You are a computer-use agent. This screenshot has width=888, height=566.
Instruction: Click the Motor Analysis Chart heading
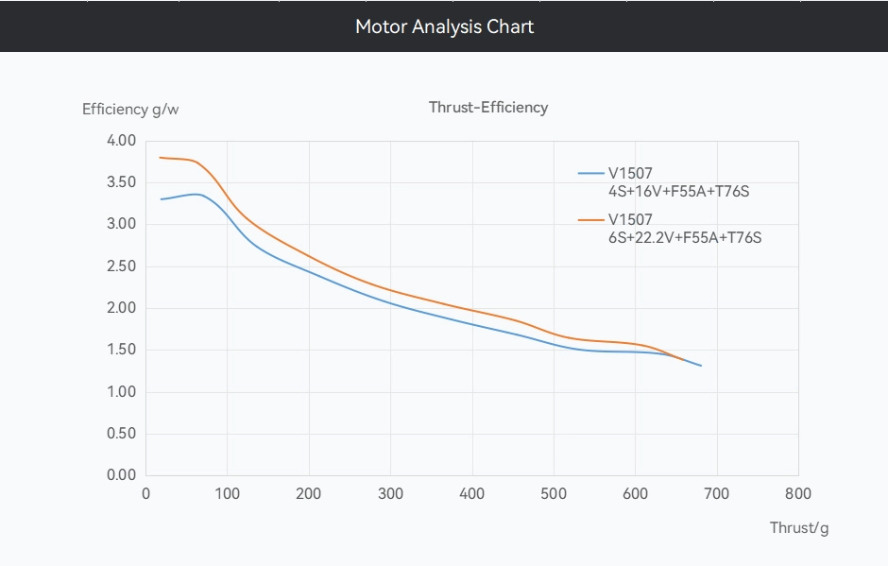[444, 26]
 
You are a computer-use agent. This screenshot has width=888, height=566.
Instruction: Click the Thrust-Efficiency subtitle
[487, 107]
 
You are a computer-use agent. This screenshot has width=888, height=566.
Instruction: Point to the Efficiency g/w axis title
[130, 109]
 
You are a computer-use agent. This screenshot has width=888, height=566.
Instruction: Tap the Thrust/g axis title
[798, 527]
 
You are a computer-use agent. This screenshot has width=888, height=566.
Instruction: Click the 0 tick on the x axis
[145, 493]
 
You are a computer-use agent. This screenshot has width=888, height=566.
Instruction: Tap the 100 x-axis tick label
[227, 493]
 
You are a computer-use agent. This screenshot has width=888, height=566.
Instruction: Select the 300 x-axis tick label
[390, 493]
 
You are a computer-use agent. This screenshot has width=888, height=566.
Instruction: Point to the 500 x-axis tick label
[554, 493]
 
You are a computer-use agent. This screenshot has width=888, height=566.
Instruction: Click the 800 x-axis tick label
[798, 493]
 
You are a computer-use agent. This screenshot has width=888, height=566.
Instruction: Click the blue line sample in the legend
[590, 173]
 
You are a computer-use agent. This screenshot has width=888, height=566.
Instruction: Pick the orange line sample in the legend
[590, 220]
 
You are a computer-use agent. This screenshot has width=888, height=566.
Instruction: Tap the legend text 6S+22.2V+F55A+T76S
[685, 238]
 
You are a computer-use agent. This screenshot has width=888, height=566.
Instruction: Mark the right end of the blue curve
[701, 365]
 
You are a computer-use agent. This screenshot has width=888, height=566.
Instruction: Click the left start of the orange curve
[161, 158]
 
